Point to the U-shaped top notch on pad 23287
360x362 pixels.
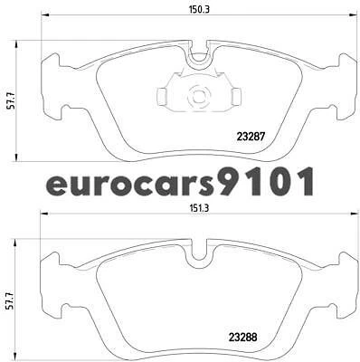198,55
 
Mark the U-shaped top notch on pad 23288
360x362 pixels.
198,256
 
